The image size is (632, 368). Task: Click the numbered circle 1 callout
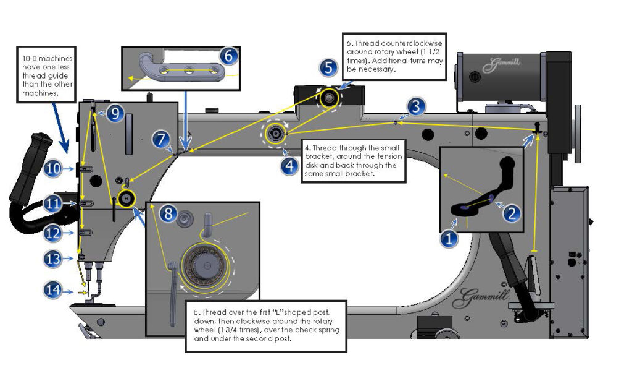450,237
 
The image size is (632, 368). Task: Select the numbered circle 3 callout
416,107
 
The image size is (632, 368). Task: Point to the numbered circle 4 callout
288,166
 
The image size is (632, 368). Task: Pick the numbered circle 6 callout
228,56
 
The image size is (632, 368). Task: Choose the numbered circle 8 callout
168,214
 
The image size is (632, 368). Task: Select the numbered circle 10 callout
53,168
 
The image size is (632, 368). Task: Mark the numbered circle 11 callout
53,202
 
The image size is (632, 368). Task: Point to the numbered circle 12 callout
53,233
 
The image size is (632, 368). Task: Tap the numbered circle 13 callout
53,259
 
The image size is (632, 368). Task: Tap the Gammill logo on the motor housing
499,63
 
